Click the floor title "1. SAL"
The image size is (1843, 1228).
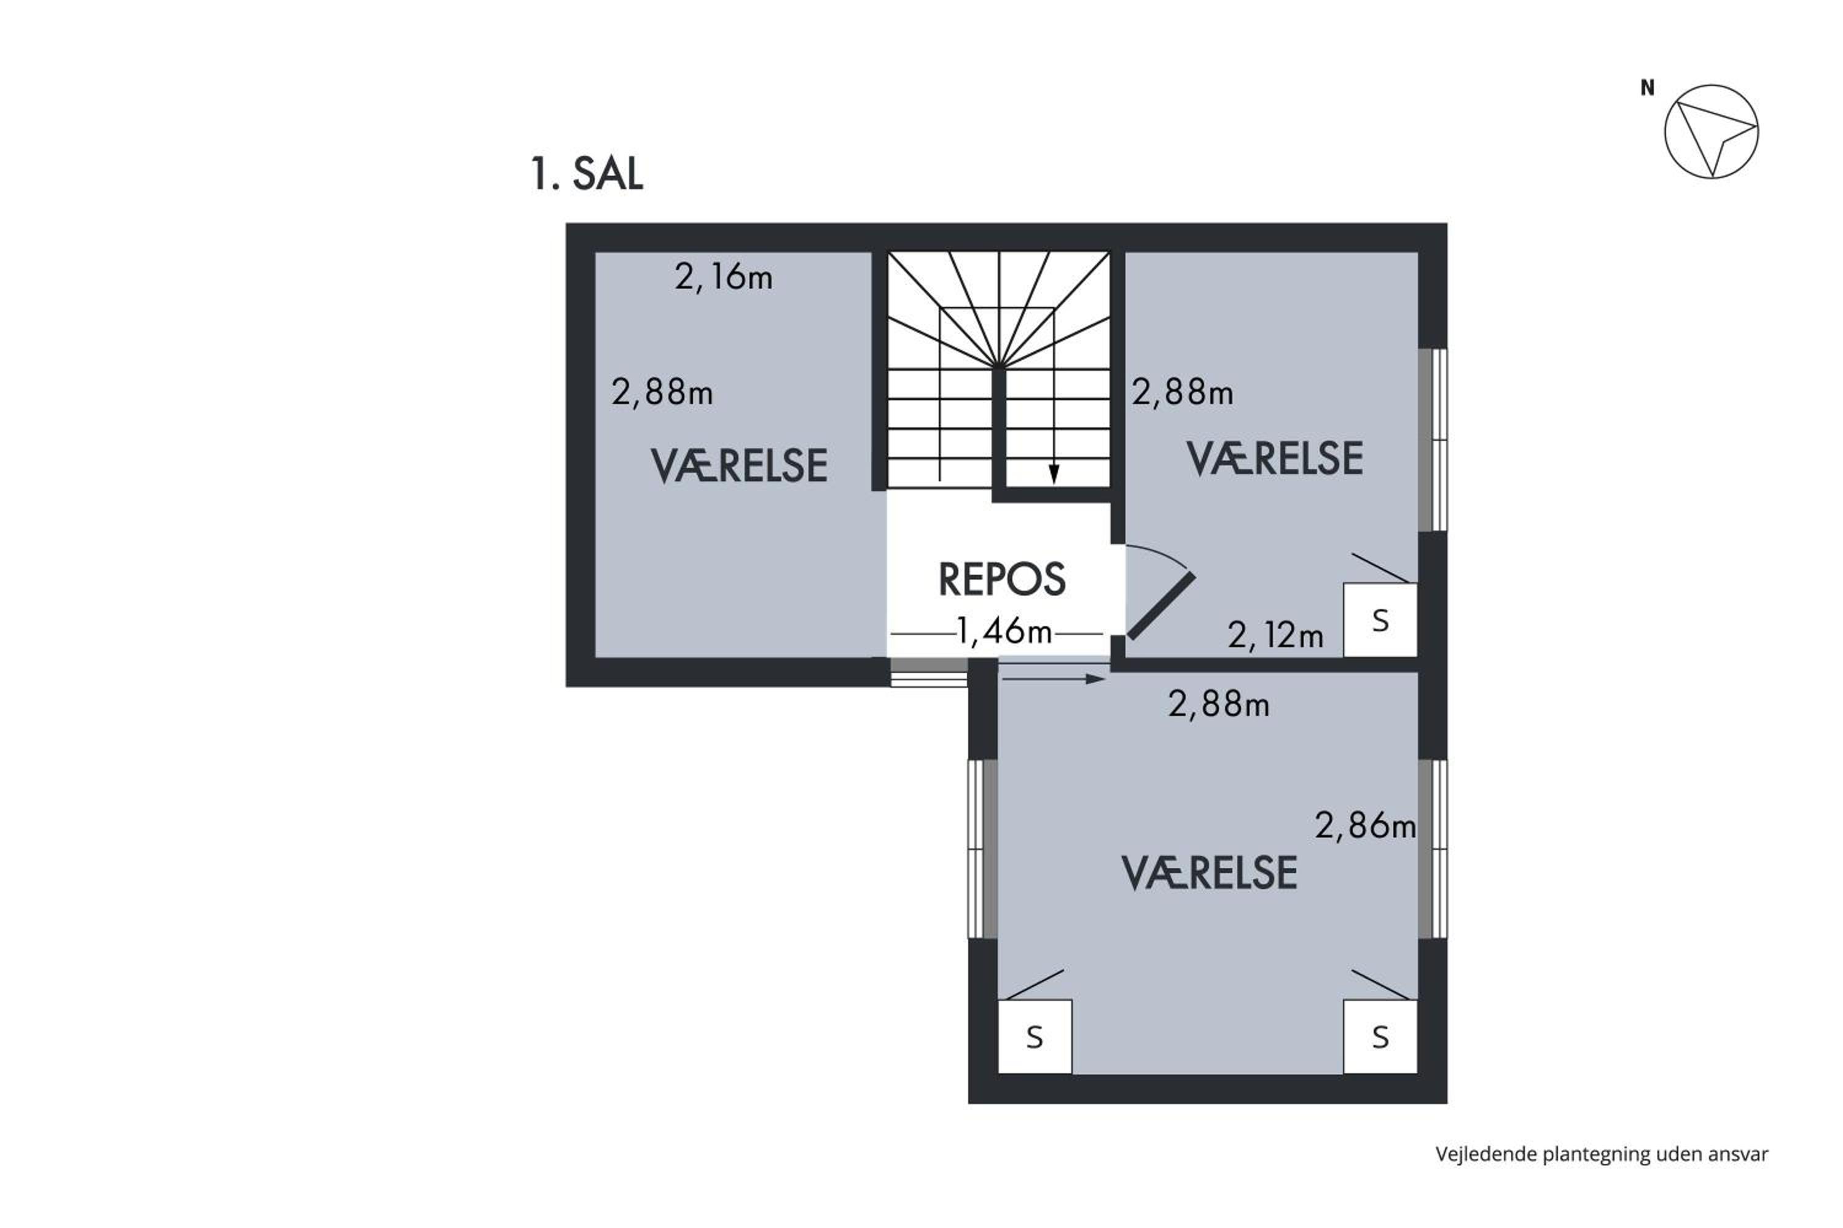coord(586,173)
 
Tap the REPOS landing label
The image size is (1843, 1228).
coord(1001,580)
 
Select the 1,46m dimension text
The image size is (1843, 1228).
coord(1004,631)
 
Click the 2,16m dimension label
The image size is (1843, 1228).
coord(723,278)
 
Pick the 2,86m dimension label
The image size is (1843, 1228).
coord(1365,825)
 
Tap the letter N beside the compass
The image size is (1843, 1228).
coord(1647,88)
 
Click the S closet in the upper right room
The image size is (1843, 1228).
coord(1380,620)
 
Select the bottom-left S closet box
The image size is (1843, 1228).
coord(1035,1036)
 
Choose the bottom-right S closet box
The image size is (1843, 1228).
coord(1380,1036)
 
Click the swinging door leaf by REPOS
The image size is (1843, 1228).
coord(1161,605)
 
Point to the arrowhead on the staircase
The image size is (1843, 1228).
coord(1054,475)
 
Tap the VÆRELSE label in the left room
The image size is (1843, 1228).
coord(739,466)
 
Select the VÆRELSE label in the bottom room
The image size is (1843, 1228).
coord(1209,873)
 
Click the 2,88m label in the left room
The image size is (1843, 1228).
coord(662,392)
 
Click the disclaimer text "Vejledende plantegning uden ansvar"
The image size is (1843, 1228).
coord(1602,1154)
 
